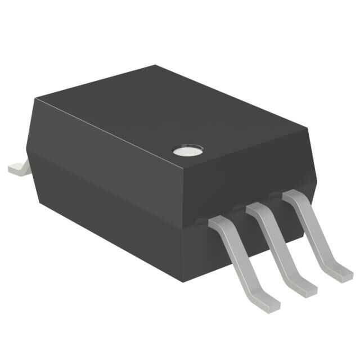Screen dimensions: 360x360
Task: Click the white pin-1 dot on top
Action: [x=188, y=150]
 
